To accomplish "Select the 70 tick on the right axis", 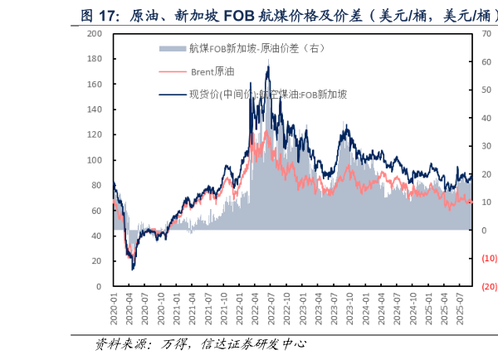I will pos(486,34).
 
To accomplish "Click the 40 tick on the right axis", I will pos(486,118).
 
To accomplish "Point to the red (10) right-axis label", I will pos(488,258).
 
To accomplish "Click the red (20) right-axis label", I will pos(488,286).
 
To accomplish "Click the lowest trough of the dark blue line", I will pos(133,269).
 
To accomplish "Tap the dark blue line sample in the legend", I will pos(173,94).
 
